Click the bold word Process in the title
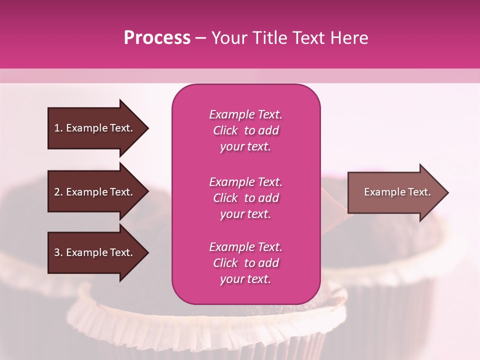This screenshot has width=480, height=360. (x=157, y=38)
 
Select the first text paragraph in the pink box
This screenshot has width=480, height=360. (x=245, y=130)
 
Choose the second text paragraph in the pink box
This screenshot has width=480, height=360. (x=245, y=198)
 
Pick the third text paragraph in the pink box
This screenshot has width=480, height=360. (x=245, y=263)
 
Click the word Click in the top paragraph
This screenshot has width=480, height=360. (x=225, y=130)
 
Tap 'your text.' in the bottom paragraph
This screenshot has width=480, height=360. (x=245, y=279)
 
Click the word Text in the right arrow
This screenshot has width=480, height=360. (x=419, y=192)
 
